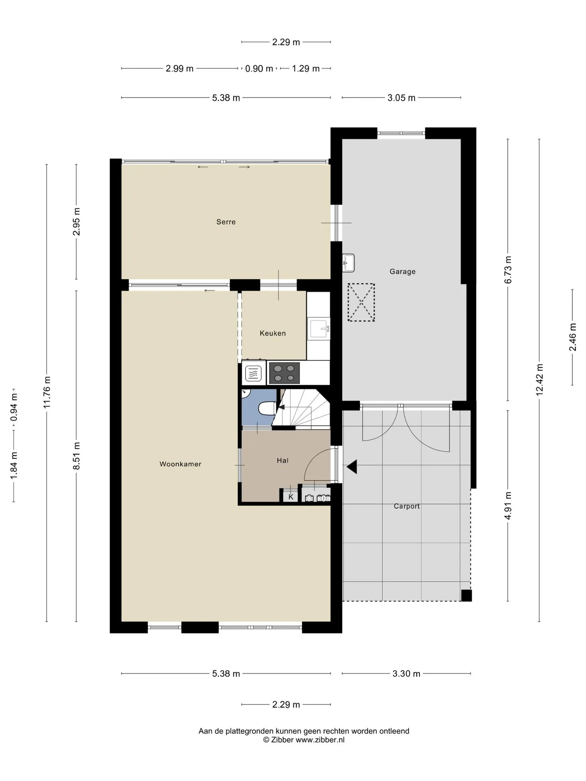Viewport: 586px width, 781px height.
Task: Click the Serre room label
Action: (226, 222)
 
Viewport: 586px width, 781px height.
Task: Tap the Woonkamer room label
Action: (180, 464)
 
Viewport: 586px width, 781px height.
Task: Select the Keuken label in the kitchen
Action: (273, 333)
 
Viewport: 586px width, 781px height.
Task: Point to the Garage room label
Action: (402, 271)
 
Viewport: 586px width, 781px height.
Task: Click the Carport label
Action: (407, 506)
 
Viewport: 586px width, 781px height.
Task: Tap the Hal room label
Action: (282, 460)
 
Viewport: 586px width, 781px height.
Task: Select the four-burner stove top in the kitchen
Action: (284, 373)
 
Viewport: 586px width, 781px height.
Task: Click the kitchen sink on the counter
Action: (319, 329)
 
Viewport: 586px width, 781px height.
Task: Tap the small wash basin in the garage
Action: (348, 263)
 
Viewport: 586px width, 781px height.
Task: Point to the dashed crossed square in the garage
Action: (361, 302)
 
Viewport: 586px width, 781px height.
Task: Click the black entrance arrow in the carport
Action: (352, 467)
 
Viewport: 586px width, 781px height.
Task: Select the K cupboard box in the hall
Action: (291, 497)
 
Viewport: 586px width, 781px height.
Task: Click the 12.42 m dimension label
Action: (540, 380)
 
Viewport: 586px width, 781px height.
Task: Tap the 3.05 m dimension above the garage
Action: (401, 98)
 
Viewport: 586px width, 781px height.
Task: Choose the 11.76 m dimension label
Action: (47, 392)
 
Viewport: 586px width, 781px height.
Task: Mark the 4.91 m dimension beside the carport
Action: (508, 506)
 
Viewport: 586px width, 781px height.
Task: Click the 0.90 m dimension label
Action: (259, 69)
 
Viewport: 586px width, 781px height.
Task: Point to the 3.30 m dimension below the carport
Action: (406, 674)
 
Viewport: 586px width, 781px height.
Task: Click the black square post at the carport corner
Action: (466, 596)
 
